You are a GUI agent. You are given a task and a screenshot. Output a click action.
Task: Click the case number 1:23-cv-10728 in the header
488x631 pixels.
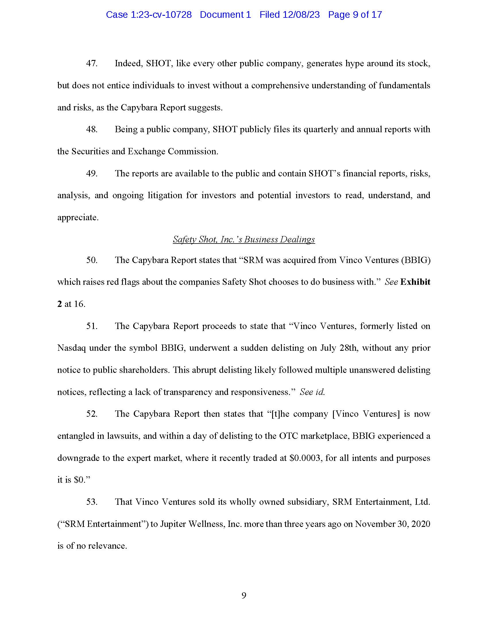(161, 15)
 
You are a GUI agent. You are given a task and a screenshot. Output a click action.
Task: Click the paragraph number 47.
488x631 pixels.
(92, 64)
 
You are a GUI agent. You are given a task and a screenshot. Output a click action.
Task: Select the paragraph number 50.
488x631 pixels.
(92, 260)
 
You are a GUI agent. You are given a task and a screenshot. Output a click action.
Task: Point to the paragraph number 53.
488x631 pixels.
(92, 502)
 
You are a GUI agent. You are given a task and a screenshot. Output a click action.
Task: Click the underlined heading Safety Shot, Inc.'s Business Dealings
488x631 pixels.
(244, 239)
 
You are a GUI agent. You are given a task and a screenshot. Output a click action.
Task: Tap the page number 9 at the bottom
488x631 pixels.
(244, 595)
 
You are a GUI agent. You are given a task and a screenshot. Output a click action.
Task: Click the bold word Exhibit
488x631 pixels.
(415, 282)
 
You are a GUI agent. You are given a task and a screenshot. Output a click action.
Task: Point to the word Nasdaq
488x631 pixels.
(71, 348)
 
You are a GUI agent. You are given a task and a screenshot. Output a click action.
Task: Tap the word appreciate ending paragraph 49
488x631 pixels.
(78, 217)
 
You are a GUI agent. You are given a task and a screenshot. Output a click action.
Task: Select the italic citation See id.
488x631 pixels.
(312, 392)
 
